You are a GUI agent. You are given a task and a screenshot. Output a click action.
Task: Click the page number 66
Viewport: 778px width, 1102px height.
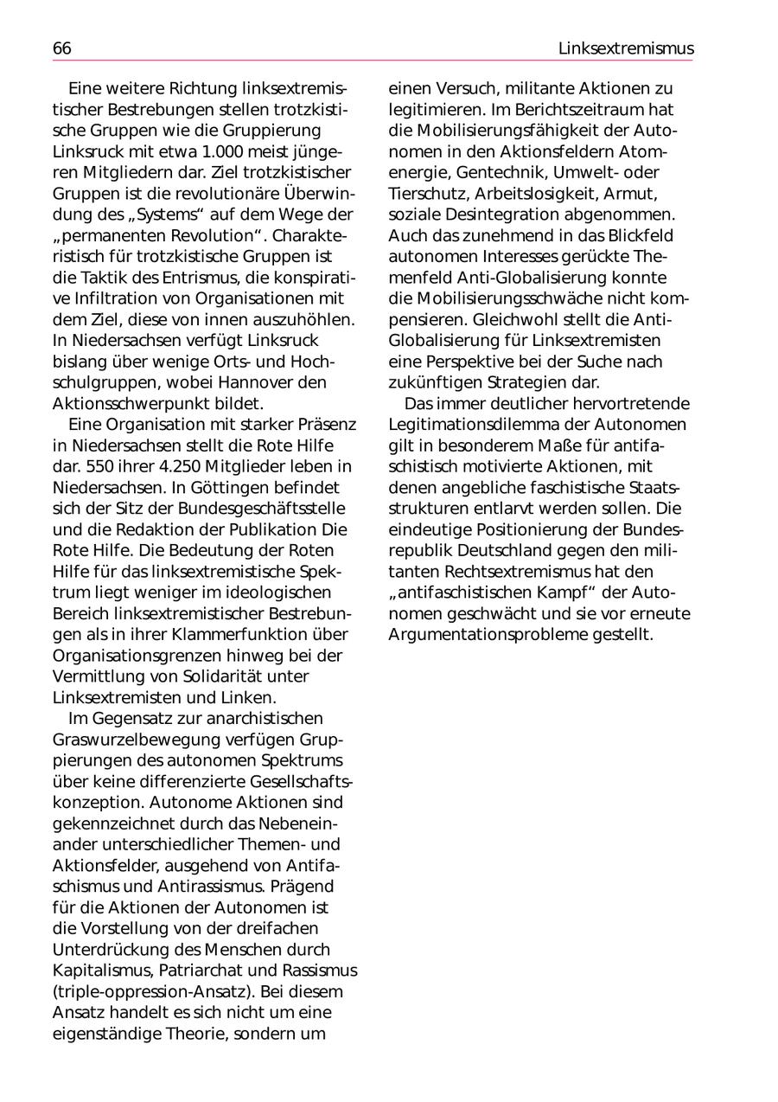pyautogui.click(x=62, y=48)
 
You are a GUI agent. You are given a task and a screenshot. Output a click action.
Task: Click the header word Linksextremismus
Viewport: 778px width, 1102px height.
pyautogui.click(x=625, y=48)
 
